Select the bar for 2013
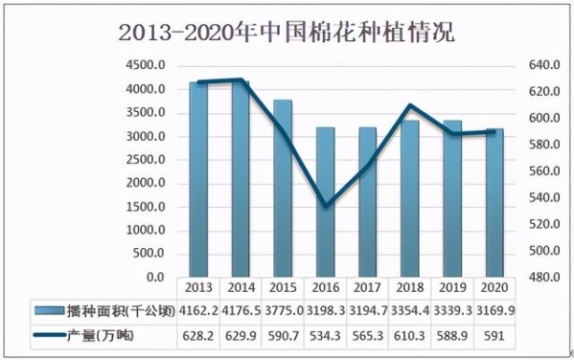(198, 182)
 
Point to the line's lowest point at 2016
(325, 206)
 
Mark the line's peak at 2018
(409, 105)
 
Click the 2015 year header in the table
(283, 288)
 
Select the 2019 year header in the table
(450, 288)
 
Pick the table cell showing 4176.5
(241, 310)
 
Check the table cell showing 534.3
(325, 335)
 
